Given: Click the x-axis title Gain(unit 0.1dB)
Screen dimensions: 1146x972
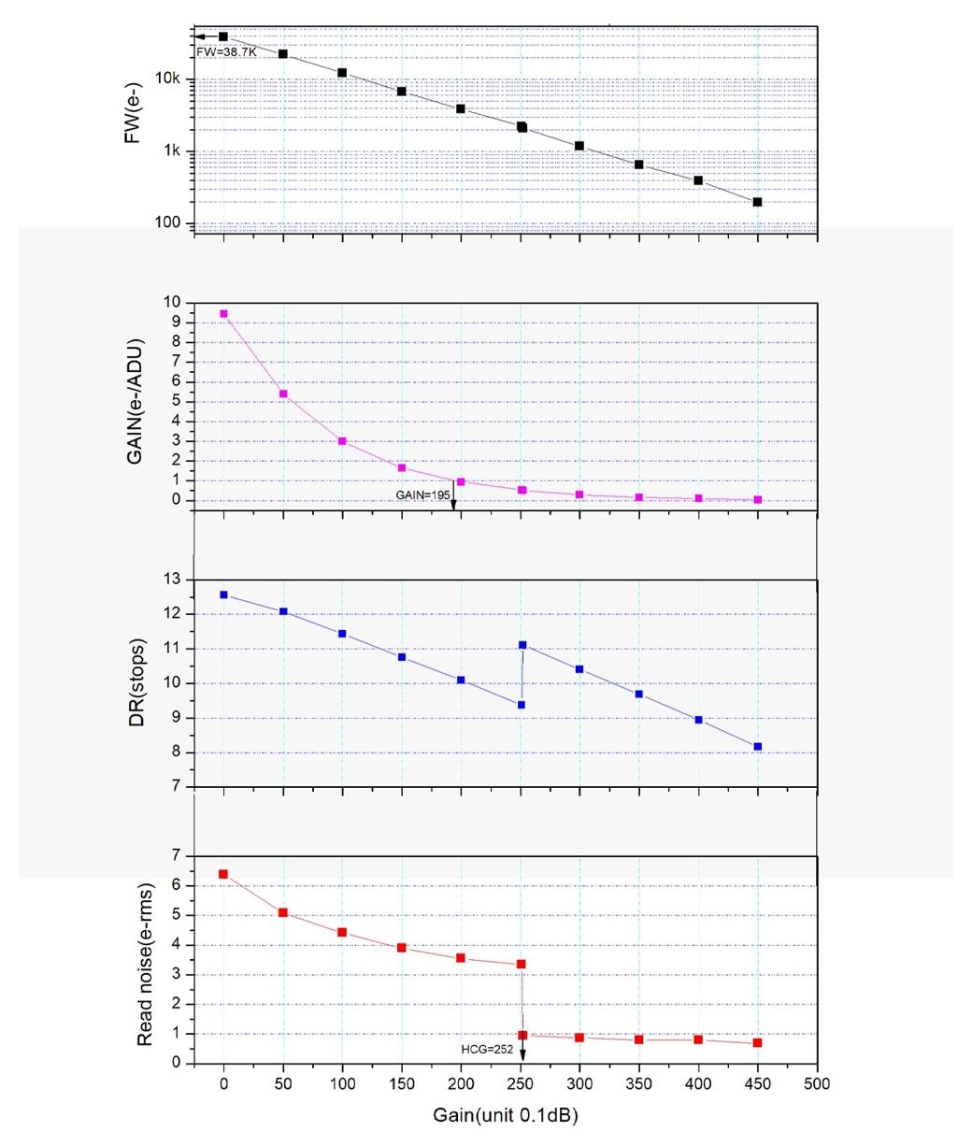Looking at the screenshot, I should pyautogui.click(x=511, y=1116).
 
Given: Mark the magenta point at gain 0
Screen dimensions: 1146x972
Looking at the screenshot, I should pyautogui.click(x=223, y=314).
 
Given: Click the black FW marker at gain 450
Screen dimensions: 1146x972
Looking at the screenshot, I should pyautogui.click(x=757, y=202).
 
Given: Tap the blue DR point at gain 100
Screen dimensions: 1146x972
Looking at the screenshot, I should pyautogui.click(x=342, y=634).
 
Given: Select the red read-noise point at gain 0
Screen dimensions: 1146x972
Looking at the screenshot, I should pyautogui.click(x=223, y=874).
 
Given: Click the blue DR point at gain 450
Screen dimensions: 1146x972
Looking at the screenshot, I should pyautogui.click(x=757, y=747).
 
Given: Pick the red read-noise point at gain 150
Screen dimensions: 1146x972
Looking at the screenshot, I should pyautogui.click(x=402, y=948).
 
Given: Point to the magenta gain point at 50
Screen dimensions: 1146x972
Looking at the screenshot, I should pyautogui.click(x=283, y=394).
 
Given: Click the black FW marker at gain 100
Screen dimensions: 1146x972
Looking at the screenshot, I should pyautogui.click(x=342, y=73).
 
